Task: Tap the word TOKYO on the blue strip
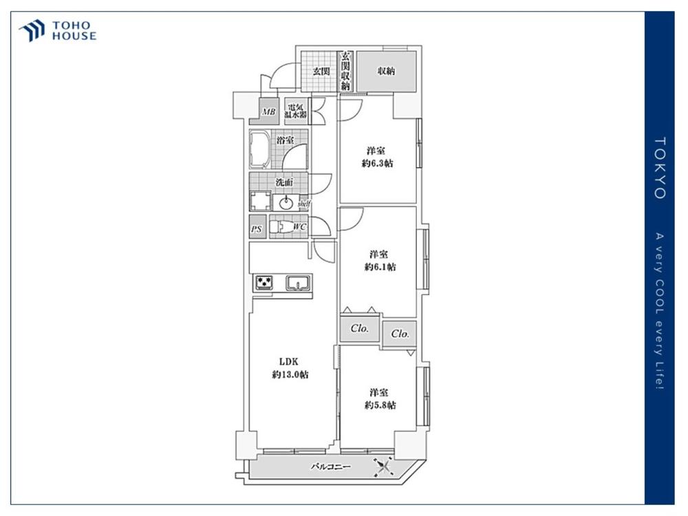click(660, 168)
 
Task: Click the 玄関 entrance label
click(321, 71)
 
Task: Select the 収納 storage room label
click(386, 71)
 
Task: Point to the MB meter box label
click(268, 112)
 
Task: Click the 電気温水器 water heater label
click(295, 111)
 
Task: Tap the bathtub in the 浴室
click(260, 149)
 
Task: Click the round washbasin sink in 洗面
click(286, 203)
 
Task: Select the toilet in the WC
click(281, 227)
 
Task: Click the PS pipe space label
click(257, 228)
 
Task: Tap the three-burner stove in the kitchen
click(263, 283)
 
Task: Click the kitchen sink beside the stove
click(299, 283)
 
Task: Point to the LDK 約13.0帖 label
click(290, 368)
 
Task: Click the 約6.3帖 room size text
click(377, 164)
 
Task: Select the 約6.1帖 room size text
click(380, 267)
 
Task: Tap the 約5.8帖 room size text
click(380, 405)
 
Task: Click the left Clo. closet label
click(359, 328)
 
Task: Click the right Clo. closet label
click(400, 334)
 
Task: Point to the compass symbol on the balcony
click(383, 467)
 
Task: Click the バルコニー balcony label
click(331, 467)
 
